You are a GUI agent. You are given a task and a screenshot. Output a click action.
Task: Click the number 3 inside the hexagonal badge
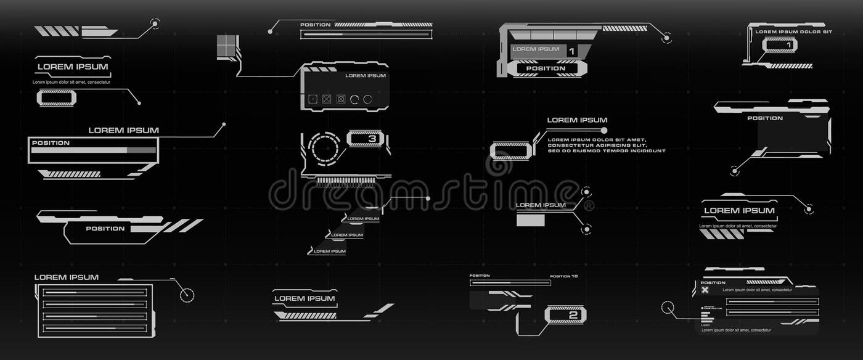pyautogui.click(x=372, y=139)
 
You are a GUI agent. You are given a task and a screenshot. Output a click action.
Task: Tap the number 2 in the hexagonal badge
pyautogui.click(x=573, y=315)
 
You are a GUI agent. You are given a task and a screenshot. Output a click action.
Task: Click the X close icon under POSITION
pyautogui.click(x=705, y=290)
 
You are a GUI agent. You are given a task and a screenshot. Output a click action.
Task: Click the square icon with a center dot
pyautogui.click(x=313, y=99)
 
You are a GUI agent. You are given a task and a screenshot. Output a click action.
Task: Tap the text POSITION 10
pyautogui.click(x=563, y=276)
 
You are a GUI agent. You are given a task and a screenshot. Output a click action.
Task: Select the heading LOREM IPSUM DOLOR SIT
pyautogui.click(x=793, y=31)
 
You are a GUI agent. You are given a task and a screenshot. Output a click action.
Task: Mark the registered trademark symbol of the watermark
pyautogui.click(x=589, y=205)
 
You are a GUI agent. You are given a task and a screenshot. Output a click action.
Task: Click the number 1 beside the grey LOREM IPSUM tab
pyautogui.click(x=571, y=51)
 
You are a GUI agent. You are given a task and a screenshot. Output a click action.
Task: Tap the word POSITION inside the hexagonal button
pyautogui.click(x=546, y=68)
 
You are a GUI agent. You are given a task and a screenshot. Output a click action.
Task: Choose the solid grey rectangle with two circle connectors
pyautogui.click(x=530, y=219)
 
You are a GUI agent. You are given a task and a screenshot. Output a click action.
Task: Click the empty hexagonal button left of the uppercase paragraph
pyautogui.click(x=510, y=151)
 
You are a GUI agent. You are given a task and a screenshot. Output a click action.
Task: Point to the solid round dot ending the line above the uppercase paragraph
pyautogui.click(x=604, y=130)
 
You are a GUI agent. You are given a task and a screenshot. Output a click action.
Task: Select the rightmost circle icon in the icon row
pyautogui.click(x=368, y=99)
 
